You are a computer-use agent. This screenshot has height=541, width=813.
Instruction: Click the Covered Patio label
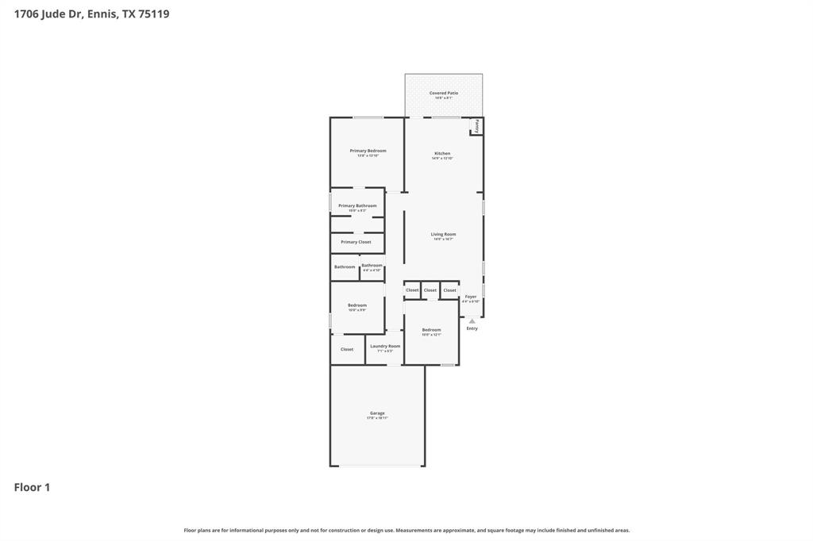[x=444, y=94]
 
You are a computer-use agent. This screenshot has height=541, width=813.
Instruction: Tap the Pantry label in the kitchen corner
[x=477, y=127]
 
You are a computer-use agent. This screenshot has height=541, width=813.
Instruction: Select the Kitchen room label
[x=442, y=154]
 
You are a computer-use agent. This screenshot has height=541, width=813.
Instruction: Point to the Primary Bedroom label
[x=368, y=151]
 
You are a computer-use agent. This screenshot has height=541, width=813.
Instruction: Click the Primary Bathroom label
[x=357, y=206]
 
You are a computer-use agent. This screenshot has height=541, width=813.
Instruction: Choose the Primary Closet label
[x=356, y=242]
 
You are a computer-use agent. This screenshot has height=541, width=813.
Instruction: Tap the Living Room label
[x=443, y=235]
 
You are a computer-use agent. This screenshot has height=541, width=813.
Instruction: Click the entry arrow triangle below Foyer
[x=472, y=320]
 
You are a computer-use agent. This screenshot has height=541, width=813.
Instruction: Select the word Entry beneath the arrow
[x=472, y=328]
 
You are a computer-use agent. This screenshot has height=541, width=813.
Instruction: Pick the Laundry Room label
[x=385, y=347]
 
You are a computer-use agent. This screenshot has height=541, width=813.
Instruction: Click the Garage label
[x=377, y=413]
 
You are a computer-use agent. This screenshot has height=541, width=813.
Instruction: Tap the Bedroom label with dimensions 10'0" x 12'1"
[x=431, y=330]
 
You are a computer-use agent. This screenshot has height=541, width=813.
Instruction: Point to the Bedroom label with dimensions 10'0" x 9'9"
[x=357, y=305]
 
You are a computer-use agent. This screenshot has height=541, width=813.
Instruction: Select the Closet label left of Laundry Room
[x=347, y=349]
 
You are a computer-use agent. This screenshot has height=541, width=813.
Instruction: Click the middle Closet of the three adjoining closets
[x=430, y=290]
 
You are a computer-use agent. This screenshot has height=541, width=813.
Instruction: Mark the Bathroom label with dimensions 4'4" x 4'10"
[x=372, y=266]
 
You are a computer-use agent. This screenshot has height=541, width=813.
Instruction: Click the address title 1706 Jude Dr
[x=91, y=13]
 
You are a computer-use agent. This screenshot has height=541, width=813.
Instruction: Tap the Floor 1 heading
[x=32, y=487]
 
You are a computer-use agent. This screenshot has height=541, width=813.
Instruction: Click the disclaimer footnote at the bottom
[x=406, y=530]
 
